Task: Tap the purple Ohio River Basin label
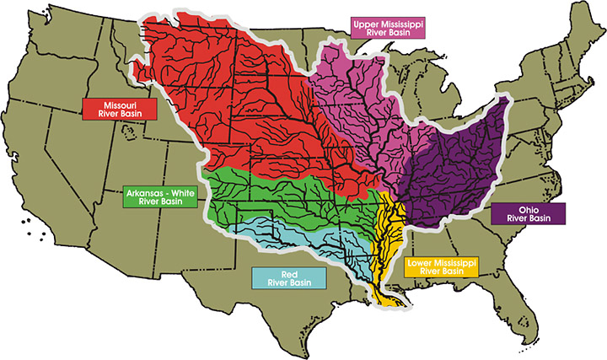[x=529, y=214]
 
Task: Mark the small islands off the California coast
[x=32, y=226]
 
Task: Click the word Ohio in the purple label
[x=529, y=209]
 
